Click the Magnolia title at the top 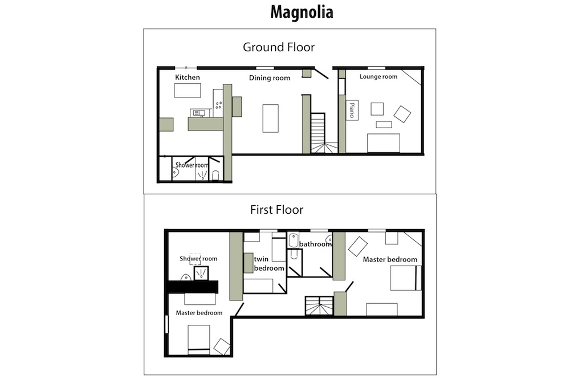click(x=302, y=13)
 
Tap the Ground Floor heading click(x=279, y=47)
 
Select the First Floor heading click(x=276, y=210)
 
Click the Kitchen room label click(x=188, y=77)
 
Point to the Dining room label click(x=270, y=78)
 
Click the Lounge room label click(x=378, y=77)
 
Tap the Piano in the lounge click(x=352, y=110)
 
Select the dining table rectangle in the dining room click(x=270, y=119)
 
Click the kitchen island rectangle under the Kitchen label click(x=188, y=91)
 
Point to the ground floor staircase click(x=323, y=133)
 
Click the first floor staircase click(x=319, y=305)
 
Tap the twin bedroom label click(x=269, y=263)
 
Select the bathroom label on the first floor click(x=315, y=244)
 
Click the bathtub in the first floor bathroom click(x=294, y=240)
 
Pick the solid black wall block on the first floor click(x=192, y=287)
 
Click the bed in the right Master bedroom click(x=406, y=278)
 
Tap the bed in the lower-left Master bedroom click(x=199, y=340)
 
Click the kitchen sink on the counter click(x=197, y=113)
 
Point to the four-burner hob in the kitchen click(x=218, y=105)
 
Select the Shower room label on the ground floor click(x=192, y=165)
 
